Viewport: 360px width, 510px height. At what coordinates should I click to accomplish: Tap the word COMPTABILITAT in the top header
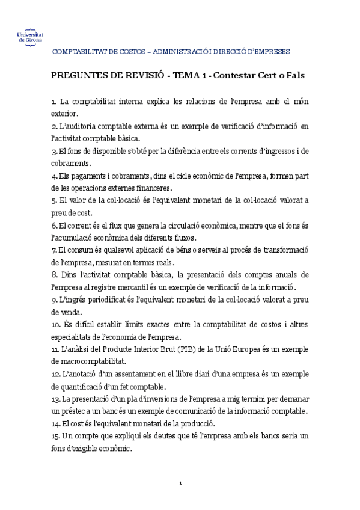click(x=79, y=52)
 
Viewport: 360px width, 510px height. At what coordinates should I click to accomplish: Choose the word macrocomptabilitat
click(x=88, y=362)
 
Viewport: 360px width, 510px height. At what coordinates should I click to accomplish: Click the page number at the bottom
click(x=180, y=484)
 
